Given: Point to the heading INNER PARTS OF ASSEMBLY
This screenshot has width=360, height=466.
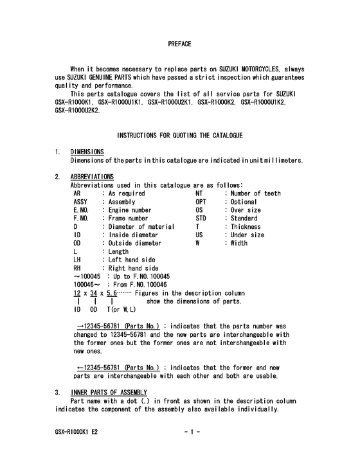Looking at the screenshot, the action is (108, 392).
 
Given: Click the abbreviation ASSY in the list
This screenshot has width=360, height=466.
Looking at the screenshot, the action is (81, 201).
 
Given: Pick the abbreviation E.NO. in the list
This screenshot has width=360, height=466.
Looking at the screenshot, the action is (82, 210).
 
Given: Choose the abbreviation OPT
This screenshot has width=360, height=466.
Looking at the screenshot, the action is (201, 201).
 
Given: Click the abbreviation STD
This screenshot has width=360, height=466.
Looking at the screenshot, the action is (201, 218).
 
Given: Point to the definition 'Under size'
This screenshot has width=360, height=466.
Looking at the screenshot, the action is (247, 235).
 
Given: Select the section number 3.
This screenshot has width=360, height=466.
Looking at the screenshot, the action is (57, 392).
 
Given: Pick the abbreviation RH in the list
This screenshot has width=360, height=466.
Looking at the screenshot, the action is (78, 268).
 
